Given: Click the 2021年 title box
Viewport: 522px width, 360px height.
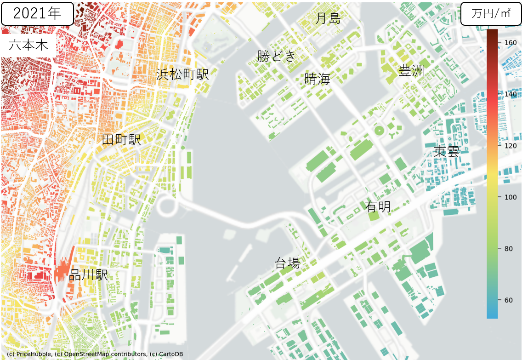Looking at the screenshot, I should point(37,13).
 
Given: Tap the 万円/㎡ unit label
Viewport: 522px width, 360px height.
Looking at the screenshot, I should point(491,13).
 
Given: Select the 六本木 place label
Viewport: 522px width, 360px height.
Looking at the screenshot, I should point(28,46).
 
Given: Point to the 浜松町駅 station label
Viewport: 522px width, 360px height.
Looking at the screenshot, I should point(182,74).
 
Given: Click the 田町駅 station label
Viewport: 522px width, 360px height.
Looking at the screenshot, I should point(121,140).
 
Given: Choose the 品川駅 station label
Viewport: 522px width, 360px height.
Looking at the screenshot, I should point(88,275).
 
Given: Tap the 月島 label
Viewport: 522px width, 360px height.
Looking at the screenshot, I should point(328,18).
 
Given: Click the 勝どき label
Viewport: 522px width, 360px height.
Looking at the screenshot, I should point(276,56).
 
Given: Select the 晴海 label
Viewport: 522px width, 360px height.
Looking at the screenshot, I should point(318,79).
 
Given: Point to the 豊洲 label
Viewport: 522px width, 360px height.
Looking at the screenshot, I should point(411,71).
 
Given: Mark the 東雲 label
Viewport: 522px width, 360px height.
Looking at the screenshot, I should point(447,152).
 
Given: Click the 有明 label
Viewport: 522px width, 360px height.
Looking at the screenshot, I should point(378,207).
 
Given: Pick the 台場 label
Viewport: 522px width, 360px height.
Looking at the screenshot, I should point(287,263).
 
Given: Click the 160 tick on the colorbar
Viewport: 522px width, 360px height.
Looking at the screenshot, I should point(511,42).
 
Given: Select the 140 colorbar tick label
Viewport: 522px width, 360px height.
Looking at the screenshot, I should point(511,94).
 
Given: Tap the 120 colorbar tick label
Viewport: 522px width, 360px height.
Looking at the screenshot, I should point(511,146).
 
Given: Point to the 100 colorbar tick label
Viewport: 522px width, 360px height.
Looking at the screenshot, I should point(511,197).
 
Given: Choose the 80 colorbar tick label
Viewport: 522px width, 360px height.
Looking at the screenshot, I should point(508,249).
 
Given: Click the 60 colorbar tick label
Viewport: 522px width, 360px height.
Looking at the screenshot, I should point(508,300).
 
